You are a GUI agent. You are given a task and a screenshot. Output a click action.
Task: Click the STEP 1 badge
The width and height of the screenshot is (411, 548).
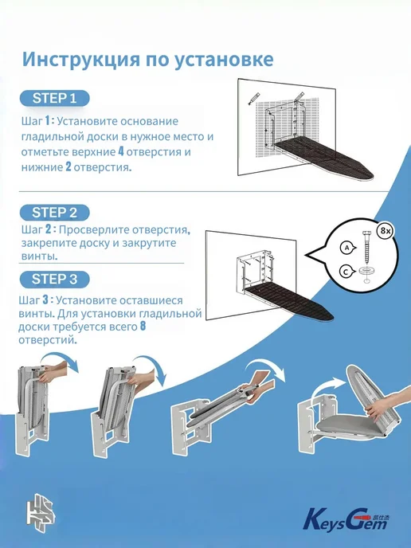(54, 98)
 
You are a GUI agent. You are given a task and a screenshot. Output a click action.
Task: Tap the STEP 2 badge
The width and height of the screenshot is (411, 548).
(54, 213)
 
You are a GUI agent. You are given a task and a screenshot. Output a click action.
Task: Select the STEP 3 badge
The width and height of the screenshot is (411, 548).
(54, 279)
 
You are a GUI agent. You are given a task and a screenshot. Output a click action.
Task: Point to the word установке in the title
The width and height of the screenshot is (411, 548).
(224, 60)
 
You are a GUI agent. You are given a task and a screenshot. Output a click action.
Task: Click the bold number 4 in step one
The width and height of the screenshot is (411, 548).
(121, 151)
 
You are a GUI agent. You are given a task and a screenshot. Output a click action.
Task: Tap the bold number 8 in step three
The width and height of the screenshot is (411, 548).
(143, 326)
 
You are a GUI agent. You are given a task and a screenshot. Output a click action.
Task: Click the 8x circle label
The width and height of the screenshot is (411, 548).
(386, 231)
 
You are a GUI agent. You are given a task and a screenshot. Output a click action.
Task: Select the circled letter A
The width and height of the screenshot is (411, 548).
(346, 248)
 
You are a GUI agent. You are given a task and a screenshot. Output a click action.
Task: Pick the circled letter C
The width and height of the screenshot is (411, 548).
(346, 272)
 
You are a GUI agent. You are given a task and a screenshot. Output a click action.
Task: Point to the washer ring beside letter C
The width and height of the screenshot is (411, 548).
(366, 270)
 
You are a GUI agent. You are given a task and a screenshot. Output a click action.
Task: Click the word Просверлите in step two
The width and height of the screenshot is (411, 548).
(99, 230)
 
